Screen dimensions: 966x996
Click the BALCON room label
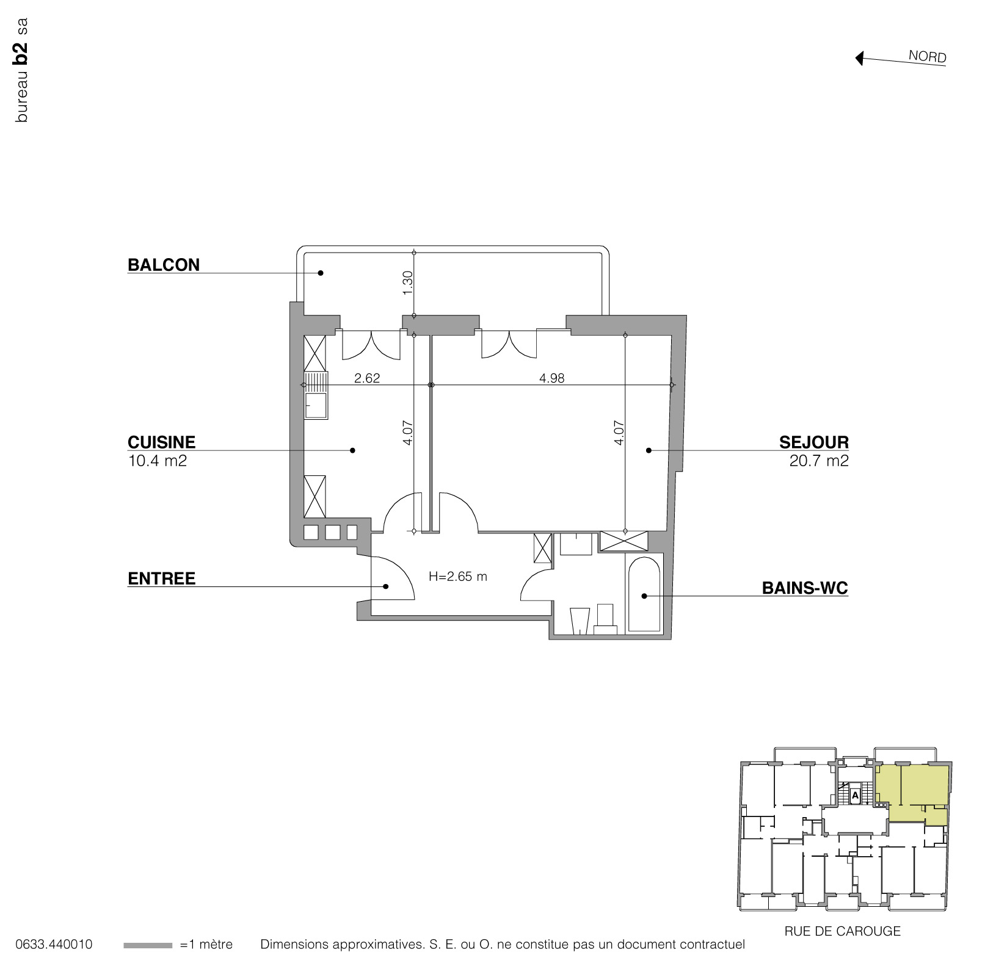pyautogui.click(x=163, y=265)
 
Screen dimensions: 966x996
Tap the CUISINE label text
pyautogui.click(x=161, y=442)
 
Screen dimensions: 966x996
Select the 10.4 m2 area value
pyautogui.click(x=157, y=461)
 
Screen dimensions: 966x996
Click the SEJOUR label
pyautogui.click(x=813, y=442)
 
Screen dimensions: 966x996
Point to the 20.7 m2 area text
pyautogui.click(x=818, y=461)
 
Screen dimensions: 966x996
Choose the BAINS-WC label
pyautogui.click(x=804, y=588)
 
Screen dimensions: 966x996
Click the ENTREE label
pyautogui.click(x=161, y=579)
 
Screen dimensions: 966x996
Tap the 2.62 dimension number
pyautogui.click(x=367, y=378)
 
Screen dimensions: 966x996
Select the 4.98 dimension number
pyautogui.click(x=551, y=378)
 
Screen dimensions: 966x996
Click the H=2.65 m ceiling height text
pyautogui.click(x=457, y=577)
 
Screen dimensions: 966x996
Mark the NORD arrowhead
pyautogui.click(x=859, y=59)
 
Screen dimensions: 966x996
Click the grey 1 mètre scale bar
pyautogui.click(x=147, y=945)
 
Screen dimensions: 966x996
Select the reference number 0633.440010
pyautogui.click(x=54, y=945)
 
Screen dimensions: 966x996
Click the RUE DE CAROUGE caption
pyautogui.click(x=842, y=931)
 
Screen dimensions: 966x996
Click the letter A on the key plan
pyautogui.click(x=855, y=796)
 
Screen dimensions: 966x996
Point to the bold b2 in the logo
pyautogui.click(x=21, y=54)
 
